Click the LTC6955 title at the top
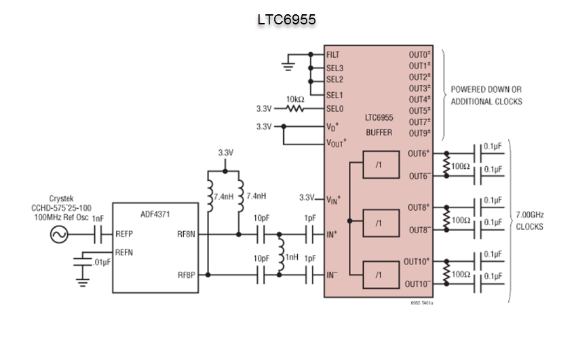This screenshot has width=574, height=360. coord(286,19)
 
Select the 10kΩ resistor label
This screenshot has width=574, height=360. coord(294,99)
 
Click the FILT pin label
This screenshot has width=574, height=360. coord(333,54)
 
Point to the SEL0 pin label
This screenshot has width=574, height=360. coord(334,108)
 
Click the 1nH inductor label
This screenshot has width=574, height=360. coord(292,258)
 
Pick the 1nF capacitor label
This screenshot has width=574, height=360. coord(98,219)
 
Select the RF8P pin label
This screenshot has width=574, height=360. coord(187,275)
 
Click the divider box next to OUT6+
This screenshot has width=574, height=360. coord(379,165)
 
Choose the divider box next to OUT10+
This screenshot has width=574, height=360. coord(379,273)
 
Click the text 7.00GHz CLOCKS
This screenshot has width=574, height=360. coord(529,220)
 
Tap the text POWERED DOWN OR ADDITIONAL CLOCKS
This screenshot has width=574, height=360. coord(486,95)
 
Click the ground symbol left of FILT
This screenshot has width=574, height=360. coord(288,65)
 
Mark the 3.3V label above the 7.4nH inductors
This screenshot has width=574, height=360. coord(225,153)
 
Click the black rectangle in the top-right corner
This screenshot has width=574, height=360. coord(538,18)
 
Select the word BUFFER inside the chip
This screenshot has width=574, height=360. coord(379,133)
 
